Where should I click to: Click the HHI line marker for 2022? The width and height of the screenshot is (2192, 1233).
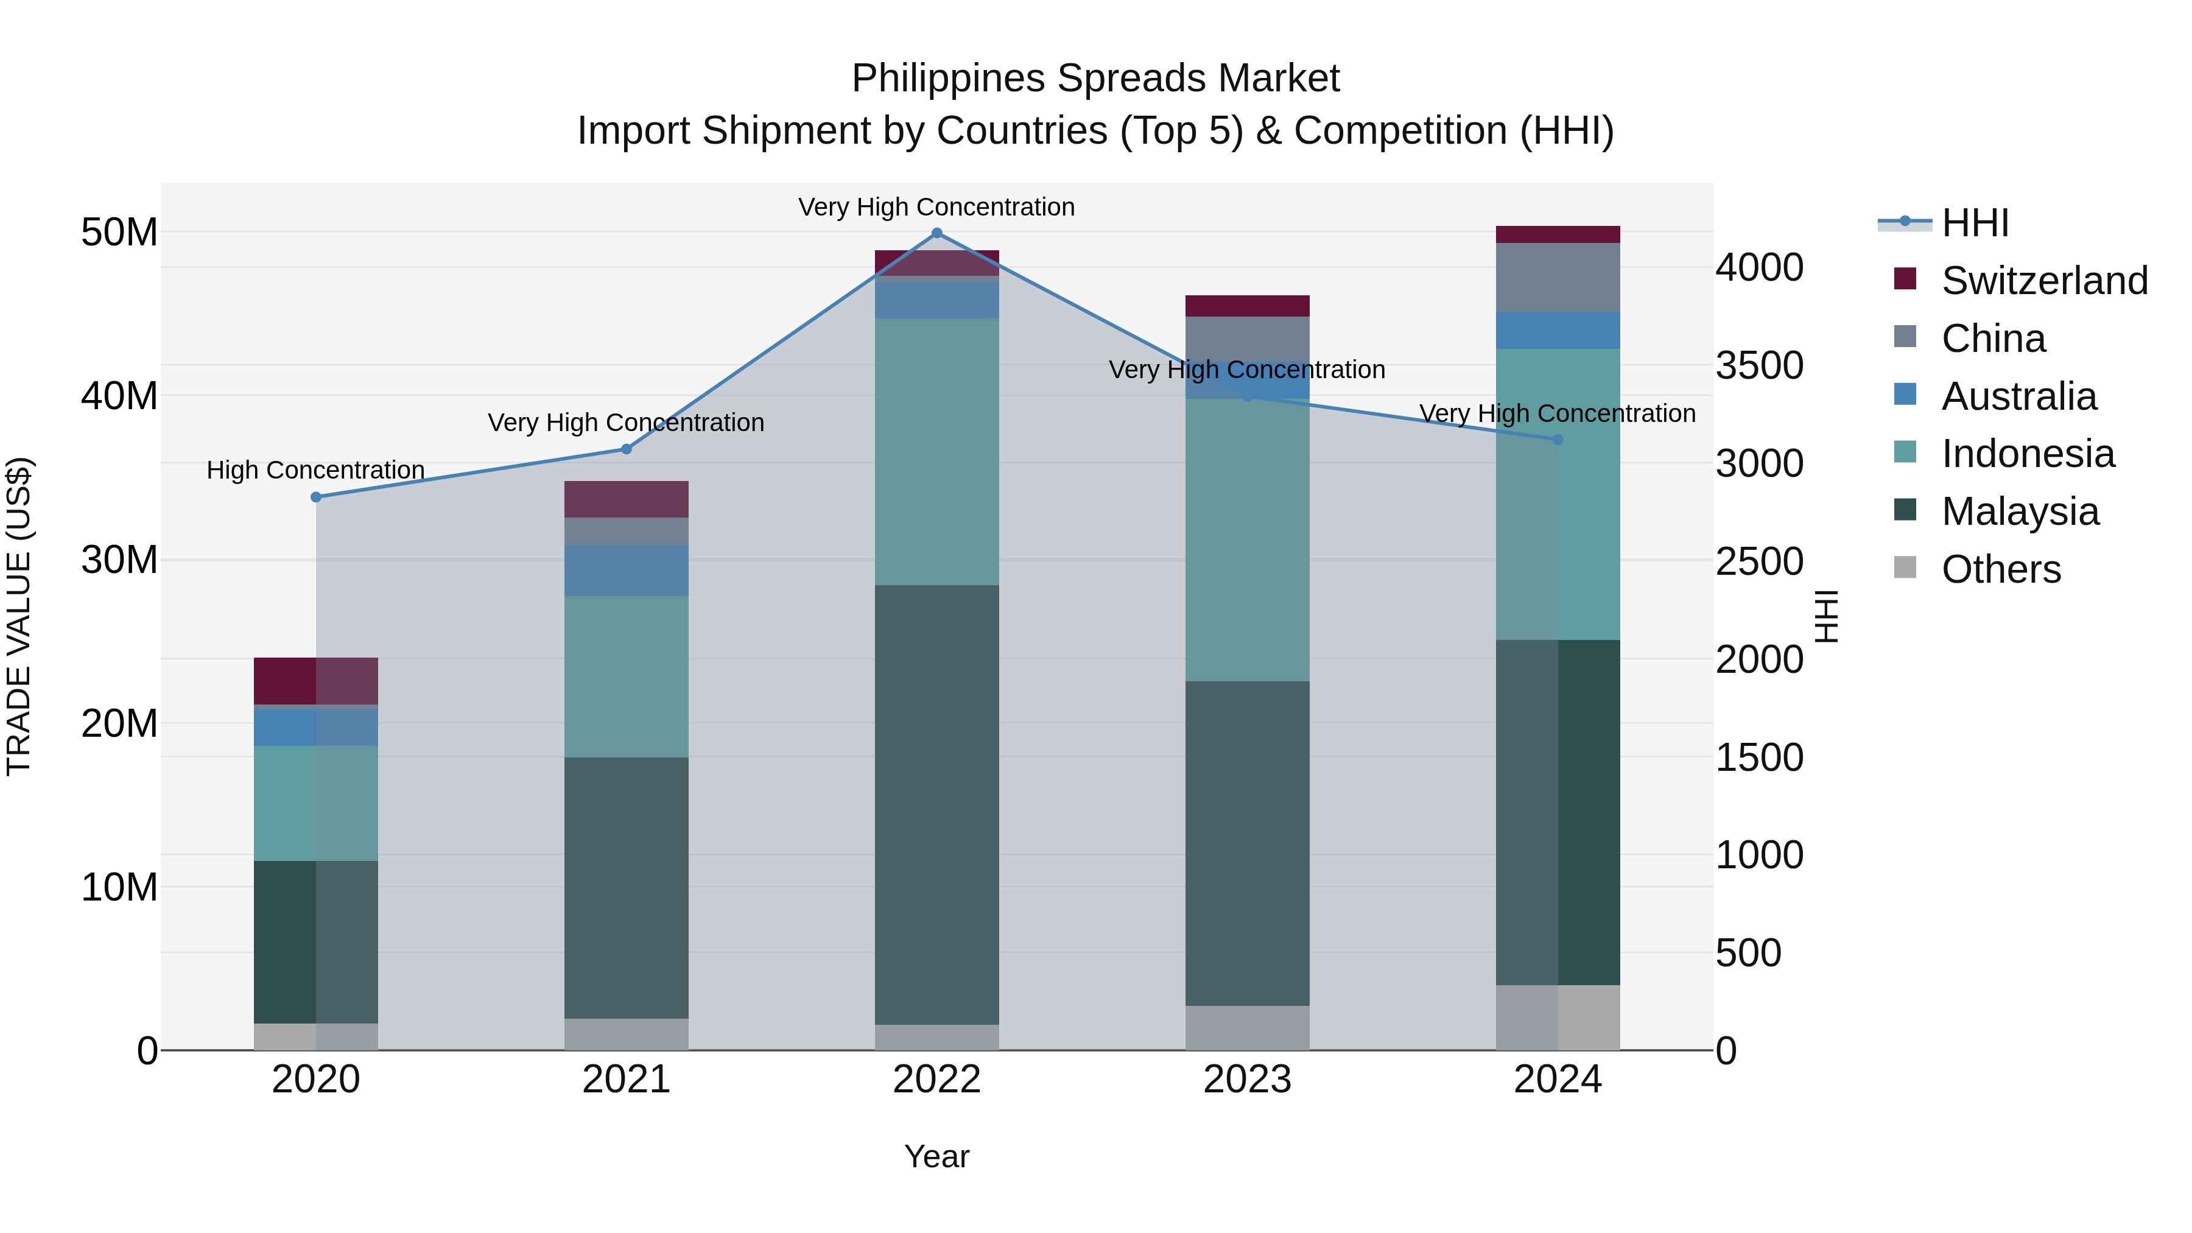click(937, 233)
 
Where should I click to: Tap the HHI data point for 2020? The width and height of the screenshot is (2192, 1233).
click(315, 497)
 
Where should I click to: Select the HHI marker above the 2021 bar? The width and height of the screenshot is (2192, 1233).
click(627, 449)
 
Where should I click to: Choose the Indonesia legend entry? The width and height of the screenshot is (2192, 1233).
click(2028, 454)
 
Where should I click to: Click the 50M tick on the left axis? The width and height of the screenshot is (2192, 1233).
click(119, 233)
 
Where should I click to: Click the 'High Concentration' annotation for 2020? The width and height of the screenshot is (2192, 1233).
click(315, 469)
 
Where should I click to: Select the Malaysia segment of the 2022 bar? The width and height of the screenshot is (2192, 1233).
click(937, 804)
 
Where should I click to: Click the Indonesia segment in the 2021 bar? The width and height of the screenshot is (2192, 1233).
click(627, 676)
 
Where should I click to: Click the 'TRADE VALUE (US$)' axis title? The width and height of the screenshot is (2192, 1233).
click(19, 616)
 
